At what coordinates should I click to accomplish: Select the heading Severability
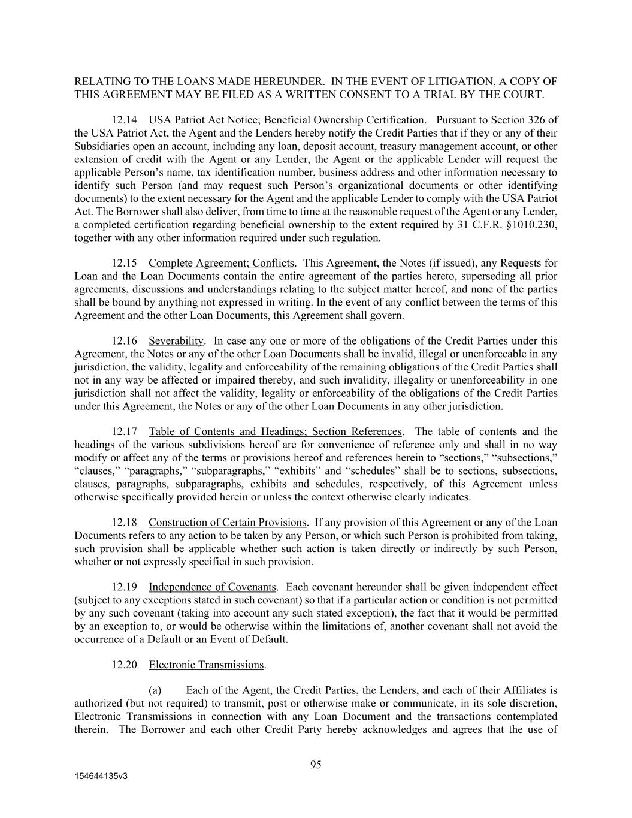[176, 341]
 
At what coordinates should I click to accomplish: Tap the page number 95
[316, 764]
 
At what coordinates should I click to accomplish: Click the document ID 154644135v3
[101, 776]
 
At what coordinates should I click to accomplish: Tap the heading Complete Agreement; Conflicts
[221, 263]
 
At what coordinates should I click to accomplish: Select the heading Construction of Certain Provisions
[228, 523]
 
